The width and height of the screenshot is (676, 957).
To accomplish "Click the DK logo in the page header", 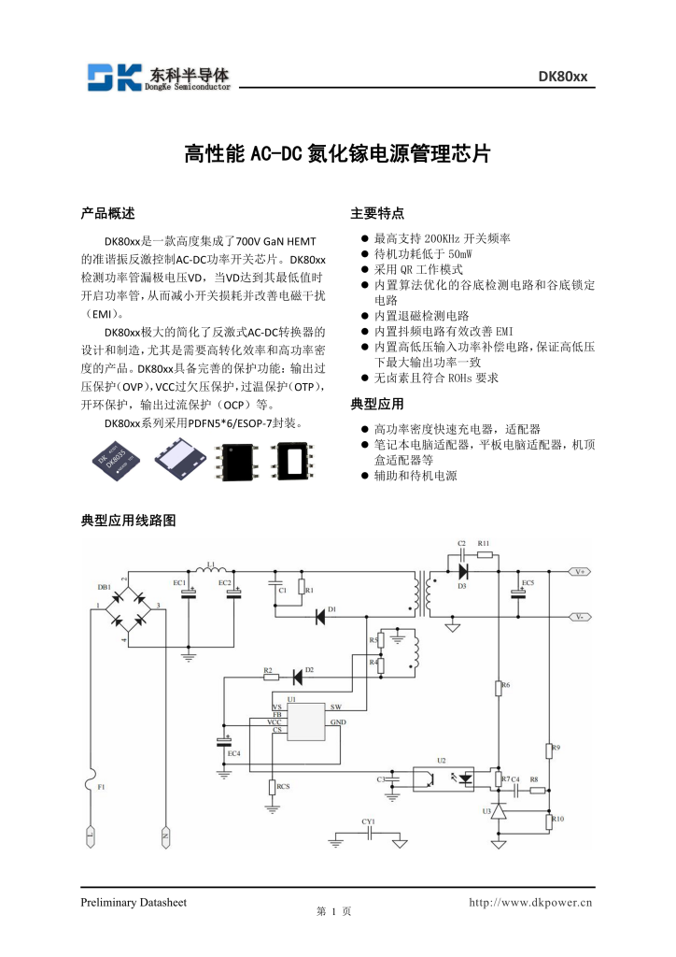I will coord(113,77).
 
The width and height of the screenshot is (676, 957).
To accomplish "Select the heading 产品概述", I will coord(108,213).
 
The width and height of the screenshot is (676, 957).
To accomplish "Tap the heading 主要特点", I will coord(377,213).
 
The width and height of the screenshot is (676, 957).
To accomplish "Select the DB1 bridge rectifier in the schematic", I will coord(130,613).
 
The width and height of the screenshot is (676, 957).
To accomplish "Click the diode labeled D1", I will coord(319,616).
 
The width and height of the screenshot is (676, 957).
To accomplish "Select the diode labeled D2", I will coord(299,677).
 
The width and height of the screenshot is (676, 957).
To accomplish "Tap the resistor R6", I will coord(497,689).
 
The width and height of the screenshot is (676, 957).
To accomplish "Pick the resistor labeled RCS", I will coord(272,787).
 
